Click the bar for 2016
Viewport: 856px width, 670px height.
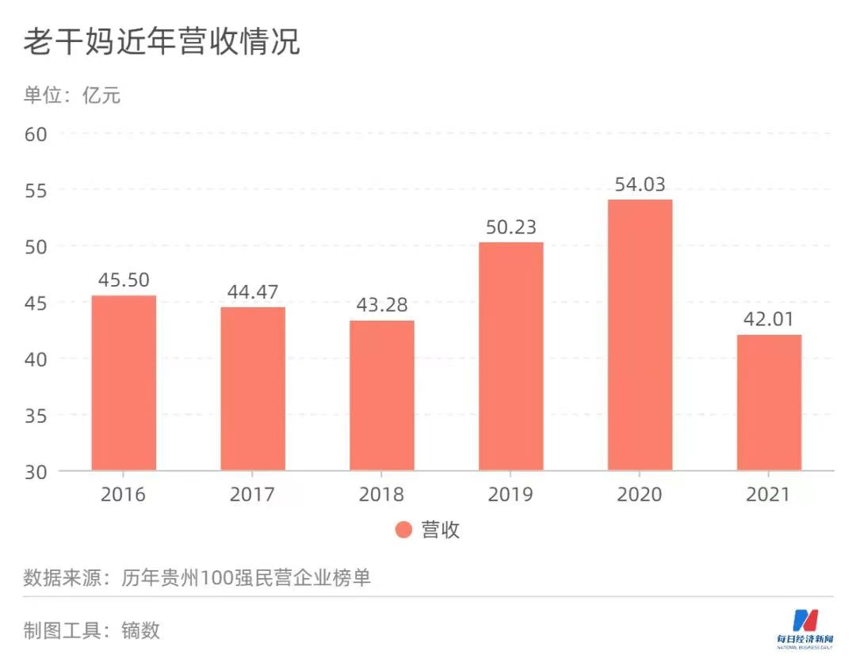[124, 383]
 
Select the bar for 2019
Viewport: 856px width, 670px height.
[511, 356]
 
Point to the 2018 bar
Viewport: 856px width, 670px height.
[382, 395]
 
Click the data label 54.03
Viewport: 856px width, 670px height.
[640, 185]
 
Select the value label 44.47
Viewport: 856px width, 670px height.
[253, 292]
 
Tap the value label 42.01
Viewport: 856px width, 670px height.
[769, 320]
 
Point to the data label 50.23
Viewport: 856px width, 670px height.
[511, 227]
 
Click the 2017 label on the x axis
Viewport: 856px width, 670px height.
[253, 495]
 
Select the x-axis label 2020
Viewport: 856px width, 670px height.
[640, 495]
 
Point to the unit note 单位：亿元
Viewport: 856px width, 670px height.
[72, 96]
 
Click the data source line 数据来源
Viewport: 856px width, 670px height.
[197, 579]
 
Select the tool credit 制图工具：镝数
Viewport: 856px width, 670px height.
[91, 630]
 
